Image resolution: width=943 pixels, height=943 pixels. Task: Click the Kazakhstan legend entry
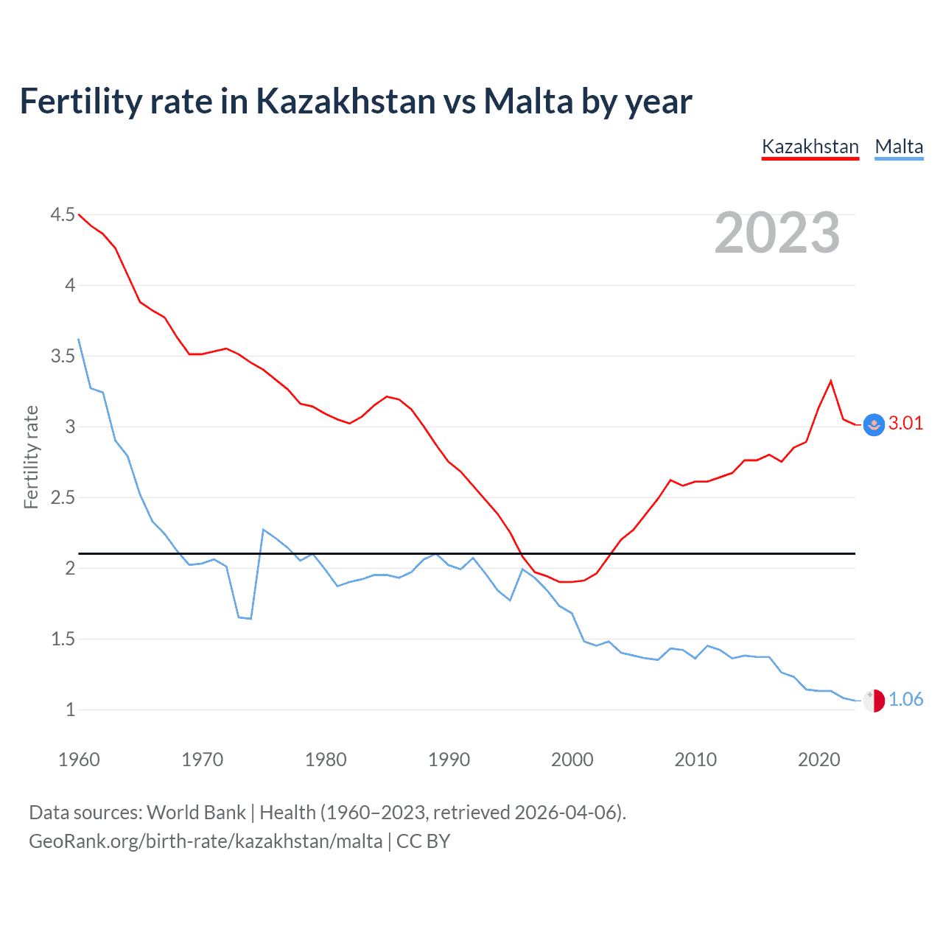pyautogui.click(x=810, y=147)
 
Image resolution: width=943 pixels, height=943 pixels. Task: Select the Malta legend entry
pyautogui.click(x=899, y=147)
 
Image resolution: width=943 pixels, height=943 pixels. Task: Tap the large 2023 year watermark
pyautogui.click(x=777, y=233)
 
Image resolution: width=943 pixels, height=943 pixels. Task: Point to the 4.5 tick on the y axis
pyautogui.click(x=63, y=214)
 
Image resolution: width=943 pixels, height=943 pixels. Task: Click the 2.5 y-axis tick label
pyautogui.click(x=63, y=497)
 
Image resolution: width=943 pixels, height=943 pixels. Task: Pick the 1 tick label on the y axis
pyautogui.click(x=70, y=709)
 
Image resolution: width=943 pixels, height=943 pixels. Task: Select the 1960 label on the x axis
pyautogui.click(x=79, y=760)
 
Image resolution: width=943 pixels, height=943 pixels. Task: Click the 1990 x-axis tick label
pyautogui.click(x=449, y=760)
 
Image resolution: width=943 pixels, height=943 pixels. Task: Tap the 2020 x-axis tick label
pyautogui.click(x=818, y=760)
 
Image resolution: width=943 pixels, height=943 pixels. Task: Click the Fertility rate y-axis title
pyautogui.click(x=31, y=457)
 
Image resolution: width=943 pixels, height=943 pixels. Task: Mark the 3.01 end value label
pyautogui.click(x=905, y=423)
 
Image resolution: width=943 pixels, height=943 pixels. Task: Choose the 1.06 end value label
pyautogui.click(x=905, y=699)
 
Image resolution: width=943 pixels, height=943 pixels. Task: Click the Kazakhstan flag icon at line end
pyautogui.click(x=874, y=424)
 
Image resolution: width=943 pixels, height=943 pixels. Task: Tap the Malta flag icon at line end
pyautogui.click(x=874, y=701)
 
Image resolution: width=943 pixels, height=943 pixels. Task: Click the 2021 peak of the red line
pyautogui.click(x=831, y=381)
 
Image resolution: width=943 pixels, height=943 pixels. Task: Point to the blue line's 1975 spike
pyautogui.click(x=264, y=530)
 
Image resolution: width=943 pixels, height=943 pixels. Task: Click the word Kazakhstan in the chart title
pyautogui.click(x=346, y=101)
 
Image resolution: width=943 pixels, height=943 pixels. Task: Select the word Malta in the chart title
pyautogui.click(x=528, y=101)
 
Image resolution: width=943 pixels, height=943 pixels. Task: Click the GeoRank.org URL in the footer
pyautogui.click(x=206, y=841)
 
